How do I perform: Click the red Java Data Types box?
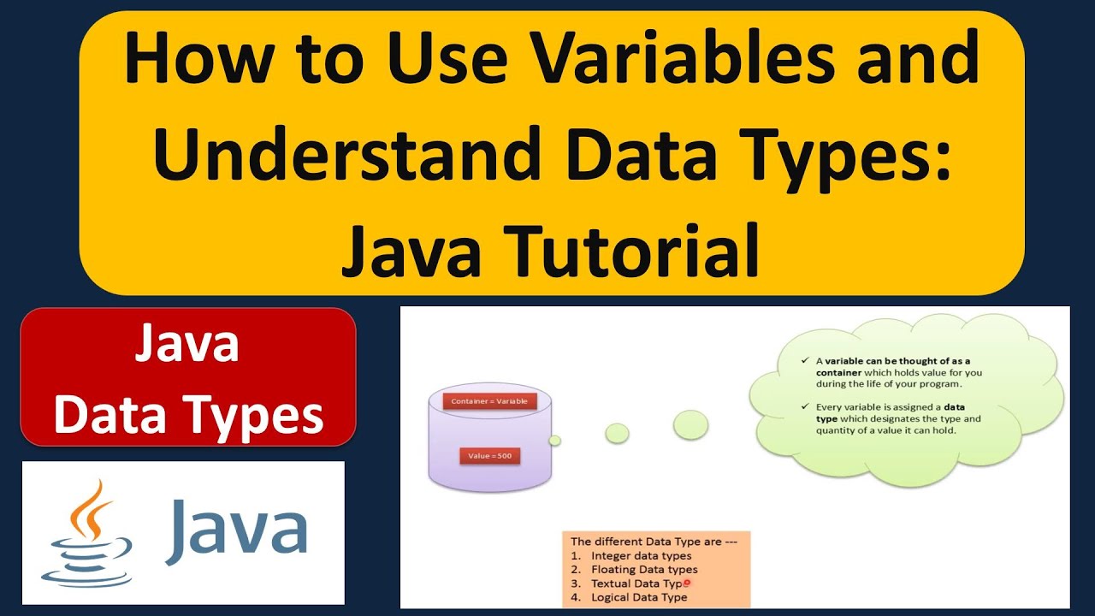click(x=188, y=377)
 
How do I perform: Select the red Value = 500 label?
click(x=490, y=456)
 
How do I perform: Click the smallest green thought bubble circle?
click(x=554, y=441)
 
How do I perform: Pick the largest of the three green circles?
click(x=690, y=425)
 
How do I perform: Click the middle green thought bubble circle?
click(x=617, y=434)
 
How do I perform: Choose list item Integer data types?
click(x=642, y=556)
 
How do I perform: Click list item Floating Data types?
click(x=644, y=570)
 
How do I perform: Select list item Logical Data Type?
click(x=639, y=597)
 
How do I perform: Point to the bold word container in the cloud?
click(x=839, y=373)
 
